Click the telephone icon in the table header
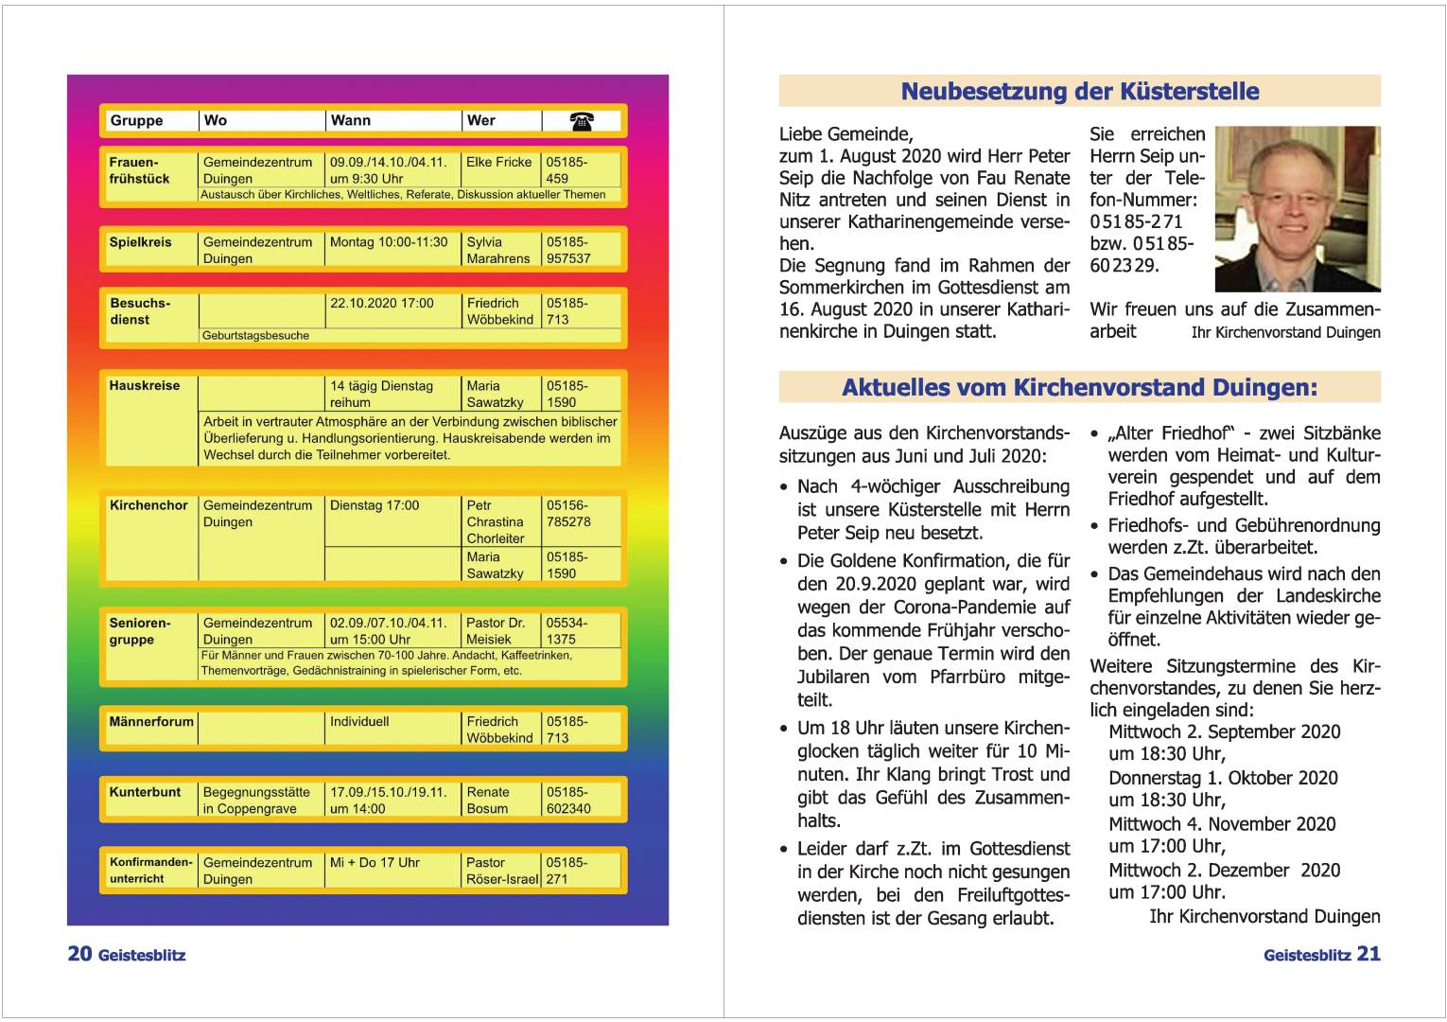click(582, 121)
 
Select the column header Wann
click(350, 121)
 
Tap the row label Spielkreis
click(140, 242)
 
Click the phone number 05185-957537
click(567, 251)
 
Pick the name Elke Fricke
click(498, 162)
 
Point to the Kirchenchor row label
click(148, 505)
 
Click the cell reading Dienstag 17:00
click(375, 505)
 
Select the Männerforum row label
click(151, 721)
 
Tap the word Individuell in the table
click(359, 721)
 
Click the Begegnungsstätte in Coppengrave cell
click(256, 801)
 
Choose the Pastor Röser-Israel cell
click(502, 871)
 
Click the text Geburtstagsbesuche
click(255, 336)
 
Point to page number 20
click(79, 954)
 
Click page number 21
click(1369, 954)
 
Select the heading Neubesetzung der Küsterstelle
click(1079, 92)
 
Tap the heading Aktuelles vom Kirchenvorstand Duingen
click(1079, 388)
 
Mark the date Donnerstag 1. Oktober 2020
click(1223, 778)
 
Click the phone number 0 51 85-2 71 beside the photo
click(1136, 222)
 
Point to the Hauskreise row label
click(145, 386)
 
